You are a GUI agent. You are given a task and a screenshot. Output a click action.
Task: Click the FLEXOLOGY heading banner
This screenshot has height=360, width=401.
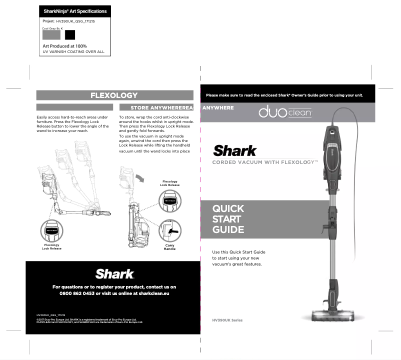(x=114, y=95)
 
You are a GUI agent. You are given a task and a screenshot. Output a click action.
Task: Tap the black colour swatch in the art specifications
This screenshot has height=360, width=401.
(x=70, y=35)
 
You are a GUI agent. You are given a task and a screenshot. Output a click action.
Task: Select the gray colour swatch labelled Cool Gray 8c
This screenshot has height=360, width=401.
(x=51, y=35)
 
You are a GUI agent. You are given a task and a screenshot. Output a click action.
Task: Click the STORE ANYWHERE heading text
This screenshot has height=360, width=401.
(x=156, y=107)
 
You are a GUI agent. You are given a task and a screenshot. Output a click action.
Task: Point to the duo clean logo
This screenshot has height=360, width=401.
(x=285, y=113)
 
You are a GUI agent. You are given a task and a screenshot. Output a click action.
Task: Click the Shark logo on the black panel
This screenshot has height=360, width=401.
(x=114, y=273)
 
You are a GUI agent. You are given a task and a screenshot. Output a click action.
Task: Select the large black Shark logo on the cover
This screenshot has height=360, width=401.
(x=235, y=150)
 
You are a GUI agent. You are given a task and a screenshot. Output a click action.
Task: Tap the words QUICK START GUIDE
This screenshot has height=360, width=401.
(x=228, y=219)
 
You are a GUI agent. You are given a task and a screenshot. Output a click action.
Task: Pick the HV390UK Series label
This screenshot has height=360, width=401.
(x=227, y=320)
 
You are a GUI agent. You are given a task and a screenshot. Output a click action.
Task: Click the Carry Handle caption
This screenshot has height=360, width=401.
(x=169, y=247)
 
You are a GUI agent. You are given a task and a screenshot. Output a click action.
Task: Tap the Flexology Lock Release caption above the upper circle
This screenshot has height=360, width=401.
(x=170, y=183)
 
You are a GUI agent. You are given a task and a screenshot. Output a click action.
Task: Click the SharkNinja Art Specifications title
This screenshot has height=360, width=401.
(x=75, y=11)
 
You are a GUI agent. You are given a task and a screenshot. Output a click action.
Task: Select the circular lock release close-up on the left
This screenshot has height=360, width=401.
(x=51, y=231)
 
